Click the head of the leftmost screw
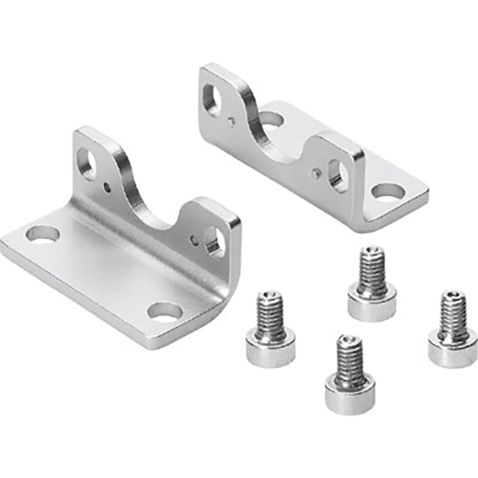(270, 352)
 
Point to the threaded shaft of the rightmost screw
(453, 313)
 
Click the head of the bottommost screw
(349, 395)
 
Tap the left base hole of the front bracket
(42, 235)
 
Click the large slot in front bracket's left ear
(87, 164)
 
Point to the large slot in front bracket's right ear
(214, 241)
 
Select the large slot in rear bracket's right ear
(337, 175)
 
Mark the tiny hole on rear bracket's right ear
(315, 173)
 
